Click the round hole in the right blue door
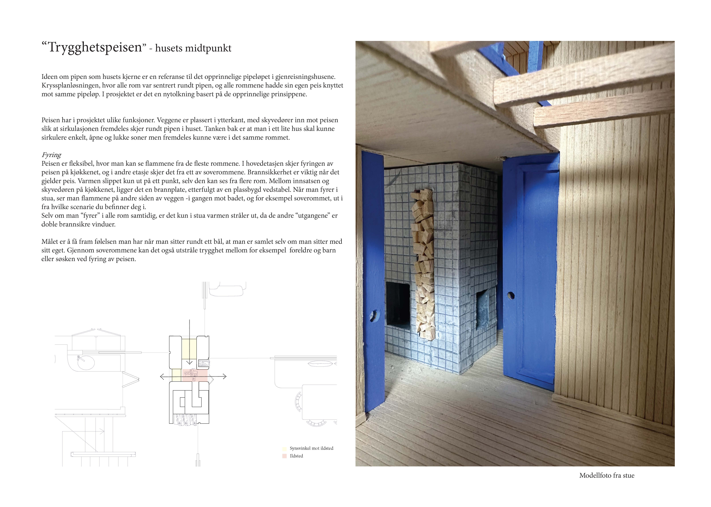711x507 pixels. click(x=511, y=295)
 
